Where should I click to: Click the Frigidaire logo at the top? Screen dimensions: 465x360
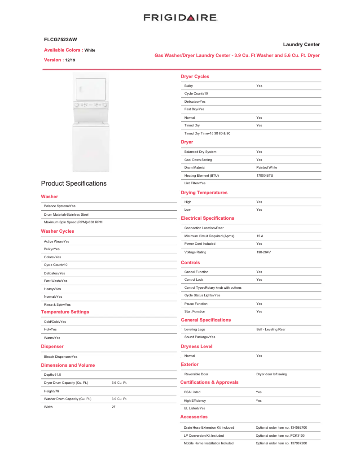click(180, 17)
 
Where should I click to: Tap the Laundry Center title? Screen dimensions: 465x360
click(301, 44)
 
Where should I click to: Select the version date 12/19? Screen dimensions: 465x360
click(70, 60)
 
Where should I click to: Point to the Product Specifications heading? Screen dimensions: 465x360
click(74, 183)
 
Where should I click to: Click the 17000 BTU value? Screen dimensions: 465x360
click(264, 175)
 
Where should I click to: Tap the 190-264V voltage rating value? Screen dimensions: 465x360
click(263, 252)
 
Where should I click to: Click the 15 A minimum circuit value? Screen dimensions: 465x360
click(259, 236)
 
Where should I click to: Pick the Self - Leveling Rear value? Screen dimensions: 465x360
click(271, 329)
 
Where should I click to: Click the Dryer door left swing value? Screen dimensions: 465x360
click(271, 374)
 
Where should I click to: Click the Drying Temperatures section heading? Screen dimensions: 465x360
click(204, 193)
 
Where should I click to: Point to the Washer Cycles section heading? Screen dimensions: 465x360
click(57, 231)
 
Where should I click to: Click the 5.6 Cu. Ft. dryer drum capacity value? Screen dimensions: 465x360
click(119, 383)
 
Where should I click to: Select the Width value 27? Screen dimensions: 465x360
click(113, 407)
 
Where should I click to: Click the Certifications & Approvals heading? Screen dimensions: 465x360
click(209, 382)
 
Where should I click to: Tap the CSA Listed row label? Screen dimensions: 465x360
click(192, 392)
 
